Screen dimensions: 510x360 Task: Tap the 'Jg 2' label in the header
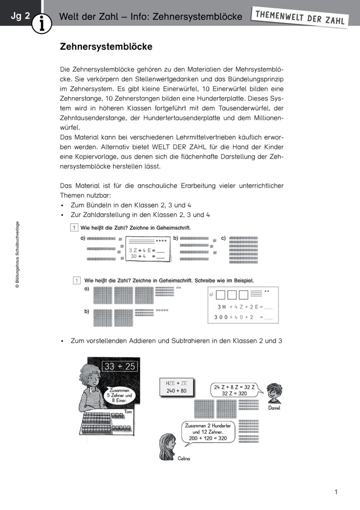[19, 17]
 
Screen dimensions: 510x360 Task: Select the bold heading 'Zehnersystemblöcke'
[106, 47]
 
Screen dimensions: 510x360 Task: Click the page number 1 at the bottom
[336, 492]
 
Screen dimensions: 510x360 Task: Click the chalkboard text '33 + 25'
[119, 366]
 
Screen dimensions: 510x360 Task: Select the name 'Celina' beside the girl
[184, 458]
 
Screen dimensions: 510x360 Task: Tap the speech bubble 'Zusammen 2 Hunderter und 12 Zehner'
[208, 431]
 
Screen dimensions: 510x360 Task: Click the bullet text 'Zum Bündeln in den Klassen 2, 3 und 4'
[131, 205]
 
